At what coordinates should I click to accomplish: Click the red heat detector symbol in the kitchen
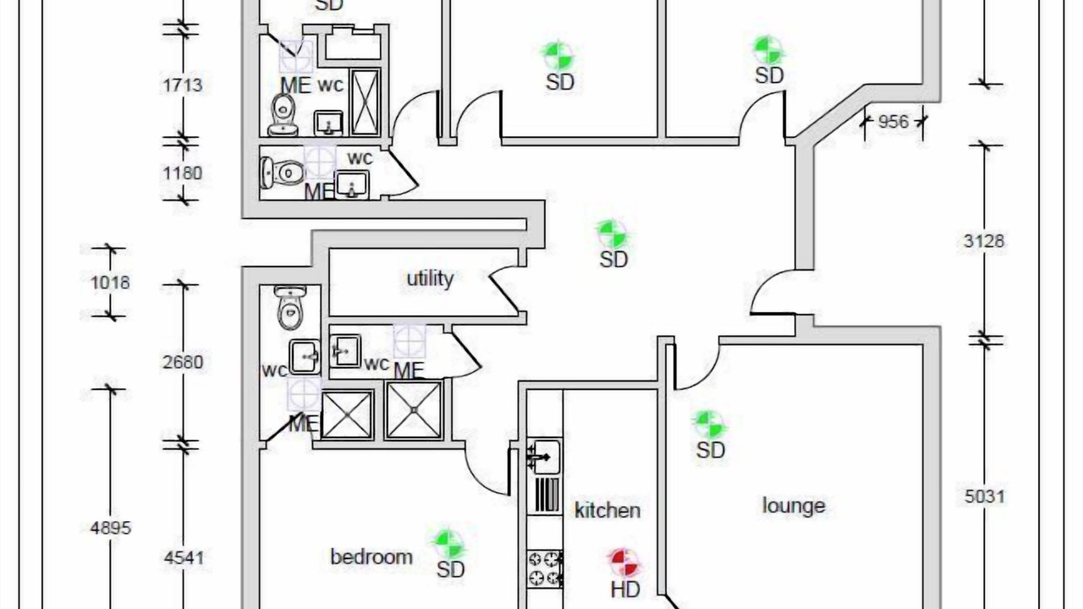624,561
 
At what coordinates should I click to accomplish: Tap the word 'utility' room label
430,278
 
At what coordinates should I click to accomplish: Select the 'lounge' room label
794,506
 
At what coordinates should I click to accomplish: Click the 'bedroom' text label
371,557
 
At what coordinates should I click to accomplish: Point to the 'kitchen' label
607,510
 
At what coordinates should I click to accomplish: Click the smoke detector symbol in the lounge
708,425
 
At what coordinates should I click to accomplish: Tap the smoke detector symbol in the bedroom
448,543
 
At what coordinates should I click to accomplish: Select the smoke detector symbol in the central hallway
611,233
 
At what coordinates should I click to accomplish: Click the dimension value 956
893,121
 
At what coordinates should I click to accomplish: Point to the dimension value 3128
984,241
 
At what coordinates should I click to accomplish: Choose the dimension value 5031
984,496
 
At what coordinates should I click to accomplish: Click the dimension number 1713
182,85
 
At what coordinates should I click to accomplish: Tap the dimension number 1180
182,173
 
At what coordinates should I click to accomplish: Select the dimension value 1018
110,282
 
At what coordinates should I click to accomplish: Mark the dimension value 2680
182,362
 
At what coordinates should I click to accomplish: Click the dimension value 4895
110,528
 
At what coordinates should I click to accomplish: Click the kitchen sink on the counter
545,457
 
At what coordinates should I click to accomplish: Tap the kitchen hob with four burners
546,568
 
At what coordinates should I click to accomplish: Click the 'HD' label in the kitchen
624,590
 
